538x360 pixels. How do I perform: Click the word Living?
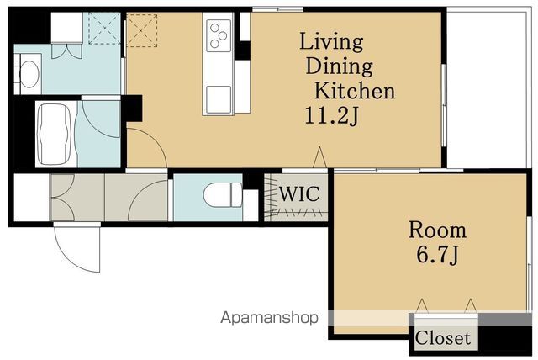tap(331, 43)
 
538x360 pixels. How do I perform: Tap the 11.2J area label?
tap(331, 115)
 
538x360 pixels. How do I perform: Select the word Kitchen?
tap(355, 91)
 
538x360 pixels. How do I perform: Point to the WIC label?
tap(299, 193)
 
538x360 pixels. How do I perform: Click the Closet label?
tap(443, 337)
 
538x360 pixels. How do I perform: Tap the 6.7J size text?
tap(437, 255)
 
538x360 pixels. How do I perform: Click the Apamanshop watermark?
tap(269, 318)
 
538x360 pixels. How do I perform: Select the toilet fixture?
tap(223, 195)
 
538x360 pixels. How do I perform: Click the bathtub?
tap(54, 135)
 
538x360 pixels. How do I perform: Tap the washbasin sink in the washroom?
tap(29, 74)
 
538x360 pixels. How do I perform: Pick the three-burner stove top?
tap(219, 35)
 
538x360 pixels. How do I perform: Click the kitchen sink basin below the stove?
tap(219, 99)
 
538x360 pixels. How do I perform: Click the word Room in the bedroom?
tap(437, 230)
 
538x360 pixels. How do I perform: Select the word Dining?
tap(340, 66)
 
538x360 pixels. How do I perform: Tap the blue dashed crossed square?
tap(104, 29)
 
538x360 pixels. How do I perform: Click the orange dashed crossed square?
tap(142, 30)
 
